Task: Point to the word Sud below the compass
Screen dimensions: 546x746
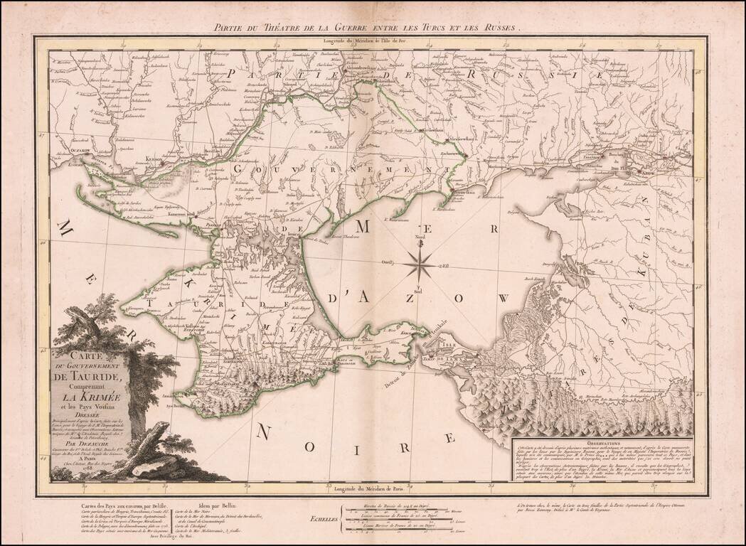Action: (419, 291)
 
